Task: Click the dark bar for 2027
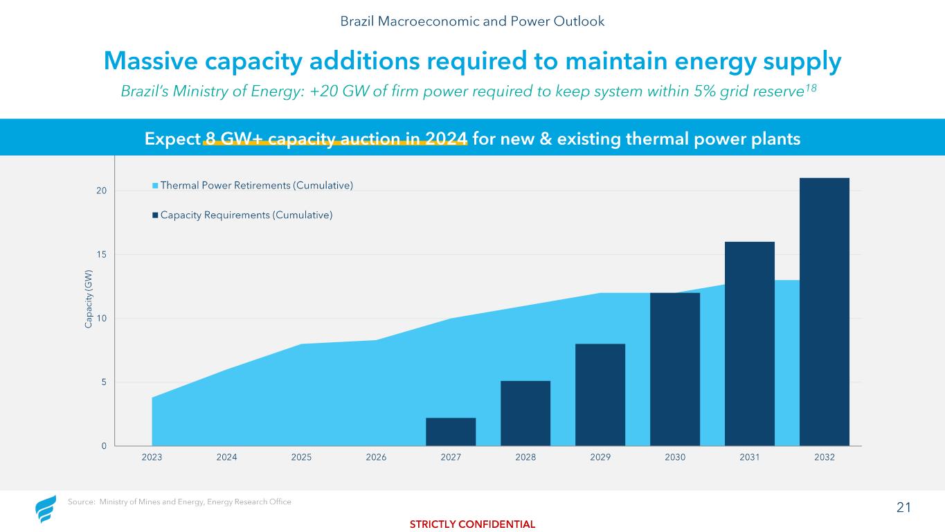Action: tap(451, 432)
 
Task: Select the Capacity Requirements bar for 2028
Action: tap(525, 413)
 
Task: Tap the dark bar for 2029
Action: tap(600, 395)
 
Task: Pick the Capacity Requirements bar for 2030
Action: tap(675, 369)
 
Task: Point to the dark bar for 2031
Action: tap(750, 344)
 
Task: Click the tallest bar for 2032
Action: tap(825, 312)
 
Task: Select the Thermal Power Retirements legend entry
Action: tap(253, 186)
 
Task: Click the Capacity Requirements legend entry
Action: tap(243, 215)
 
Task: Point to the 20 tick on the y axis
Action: tap(101, 190)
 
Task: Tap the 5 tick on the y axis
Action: tap(104, 382)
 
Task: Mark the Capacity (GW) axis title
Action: tap(89, 299)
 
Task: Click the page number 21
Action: tap(903, 508)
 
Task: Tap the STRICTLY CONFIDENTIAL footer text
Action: tap(472, 524)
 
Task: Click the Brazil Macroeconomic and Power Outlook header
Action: tap(472, 21)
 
